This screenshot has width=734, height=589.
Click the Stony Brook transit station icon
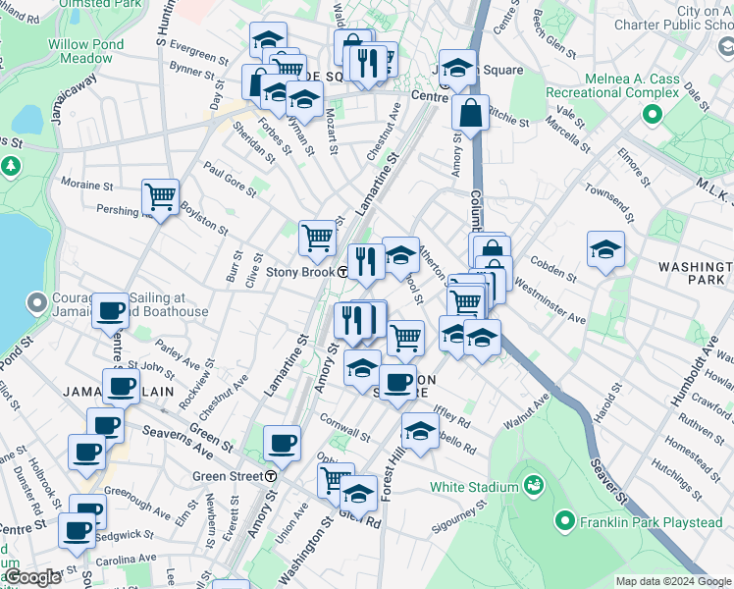[x=342, y=272]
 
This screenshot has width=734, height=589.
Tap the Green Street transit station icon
[x=270, y=476]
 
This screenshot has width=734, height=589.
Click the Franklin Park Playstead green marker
[x=564, y=520]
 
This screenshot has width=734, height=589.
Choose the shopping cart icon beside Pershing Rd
[x=160, y=195]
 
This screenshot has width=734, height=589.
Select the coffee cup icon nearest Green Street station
[x=283, y=442]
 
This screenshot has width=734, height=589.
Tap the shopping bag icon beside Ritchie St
[x=471, y=112]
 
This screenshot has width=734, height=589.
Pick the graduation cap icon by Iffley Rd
[x=420, y=431]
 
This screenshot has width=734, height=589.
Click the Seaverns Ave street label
[x=178, y=441]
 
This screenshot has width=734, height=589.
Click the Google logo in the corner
[x=32, y=577]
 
